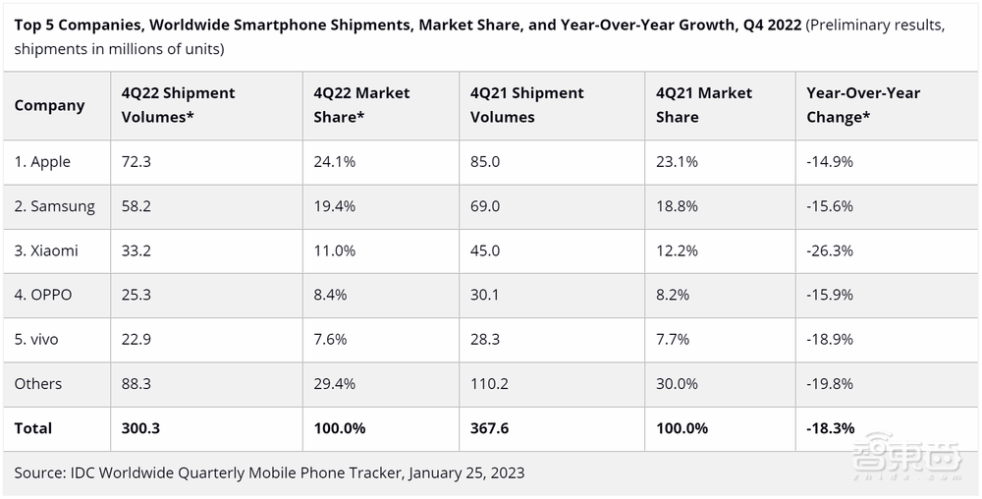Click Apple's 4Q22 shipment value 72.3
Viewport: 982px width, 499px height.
coord(136,162)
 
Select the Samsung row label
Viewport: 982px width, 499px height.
coord(55,206)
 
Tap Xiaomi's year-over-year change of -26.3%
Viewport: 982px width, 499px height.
coord(830,250)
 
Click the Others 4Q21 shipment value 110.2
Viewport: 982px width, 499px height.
coord(490,384)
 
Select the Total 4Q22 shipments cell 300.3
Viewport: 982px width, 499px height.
coord(140,428)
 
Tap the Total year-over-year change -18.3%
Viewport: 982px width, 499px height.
coord(831,428)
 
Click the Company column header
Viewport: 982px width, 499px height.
coord(50,105)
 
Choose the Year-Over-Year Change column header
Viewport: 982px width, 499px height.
coord(863,105)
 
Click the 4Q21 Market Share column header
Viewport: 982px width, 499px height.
coord(704,105)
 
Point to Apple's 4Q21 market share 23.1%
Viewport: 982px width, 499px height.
coord(678,162)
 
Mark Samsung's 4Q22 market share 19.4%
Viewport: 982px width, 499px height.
coord(335,206)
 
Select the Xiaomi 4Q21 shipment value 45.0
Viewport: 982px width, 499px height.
coord(486,250)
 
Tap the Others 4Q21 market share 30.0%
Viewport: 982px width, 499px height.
coord(678,384)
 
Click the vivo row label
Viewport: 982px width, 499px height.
coord(36,339)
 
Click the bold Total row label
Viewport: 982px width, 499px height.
coord(33,428)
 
